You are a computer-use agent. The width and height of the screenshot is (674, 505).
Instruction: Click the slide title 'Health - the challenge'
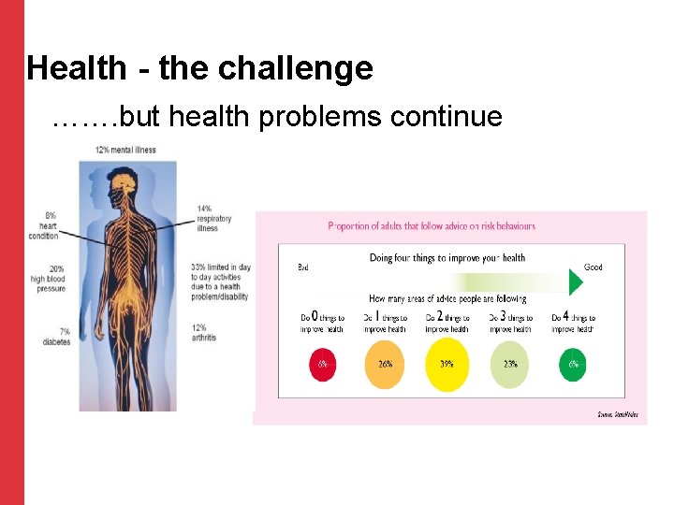click(199, 68)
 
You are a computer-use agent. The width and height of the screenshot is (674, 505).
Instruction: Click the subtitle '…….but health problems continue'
click(278, 117)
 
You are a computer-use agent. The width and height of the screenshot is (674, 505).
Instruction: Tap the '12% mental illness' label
click(125, 150)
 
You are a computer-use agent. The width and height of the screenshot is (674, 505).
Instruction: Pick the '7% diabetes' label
click(56, 336)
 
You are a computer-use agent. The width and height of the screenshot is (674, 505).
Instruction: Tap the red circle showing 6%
click(322, 365)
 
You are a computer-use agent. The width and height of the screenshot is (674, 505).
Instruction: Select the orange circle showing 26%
click(384, 365)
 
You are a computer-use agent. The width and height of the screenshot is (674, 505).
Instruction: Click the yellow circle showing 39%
click(447, 365)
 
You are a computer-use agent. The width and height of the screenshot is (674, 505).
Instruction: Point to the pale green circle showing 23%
click(510, 365)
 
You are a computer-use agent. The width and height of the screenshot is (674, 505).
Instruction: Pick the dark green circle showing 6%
click(573, 365)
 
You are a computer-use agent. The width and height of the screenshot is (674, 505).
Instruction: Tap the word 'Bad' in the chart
click(303, 267)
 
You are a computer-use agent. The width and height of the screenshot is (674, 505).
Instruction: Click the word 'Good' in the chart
click(593, 267)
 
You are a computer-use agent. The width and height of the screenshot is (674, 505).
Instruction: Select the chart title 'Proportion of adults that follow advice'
click(432, 226)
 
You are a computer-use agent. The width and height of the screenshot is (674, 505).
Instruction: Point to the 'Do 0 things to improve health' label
click(322, 324)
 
